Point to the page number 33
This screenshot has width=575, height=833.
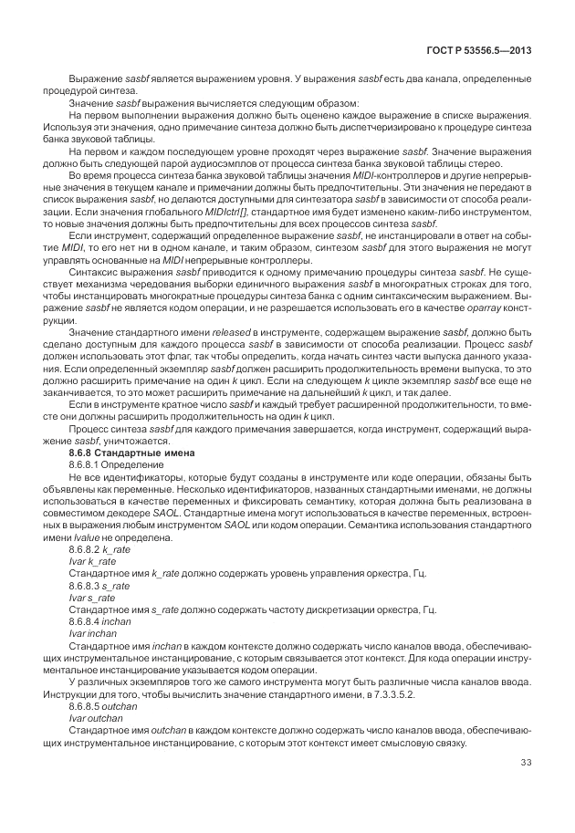click(x=526, y=763)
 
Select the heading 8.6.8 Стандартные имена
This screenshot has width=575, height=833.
click(x=123, y=453)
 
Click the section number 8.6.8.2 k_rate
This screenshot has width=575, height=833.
click(x=99, y=550)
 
